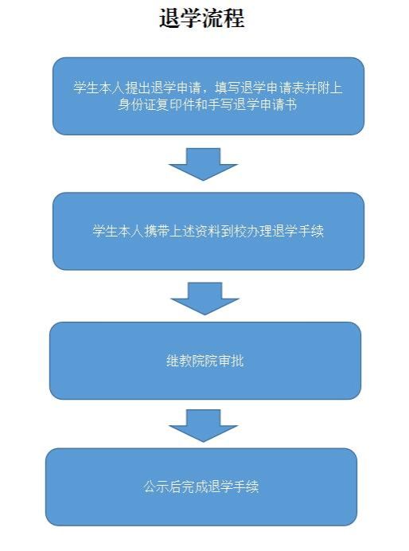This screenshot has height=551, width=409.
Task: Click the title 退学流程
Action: (x=202, y=18)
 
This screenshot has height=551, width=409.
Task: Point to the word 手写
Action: (x=227, y=105)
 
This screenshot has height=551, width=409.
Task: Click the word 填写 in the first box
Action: (x=227, y=88)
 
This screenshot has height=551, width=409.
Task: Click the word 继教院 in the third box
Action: (x=185, y=361)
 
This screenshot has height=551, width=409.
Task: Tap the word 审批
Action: (x=231, y=361)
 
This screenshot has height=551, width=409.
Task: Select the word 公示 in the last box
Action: (x=156, y=487)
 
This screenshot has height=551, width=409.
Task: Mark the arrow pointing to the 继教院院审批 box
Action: (x=204, y=299)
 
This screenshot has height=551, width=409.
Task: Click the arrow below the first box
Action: (x=203, y=164)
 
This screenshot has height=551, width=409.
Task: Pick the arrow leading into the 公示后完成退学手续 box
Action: (x=203, y=425)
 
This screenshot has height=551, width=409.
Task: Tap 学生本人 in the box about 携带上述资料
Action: (x=118, y=231)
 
